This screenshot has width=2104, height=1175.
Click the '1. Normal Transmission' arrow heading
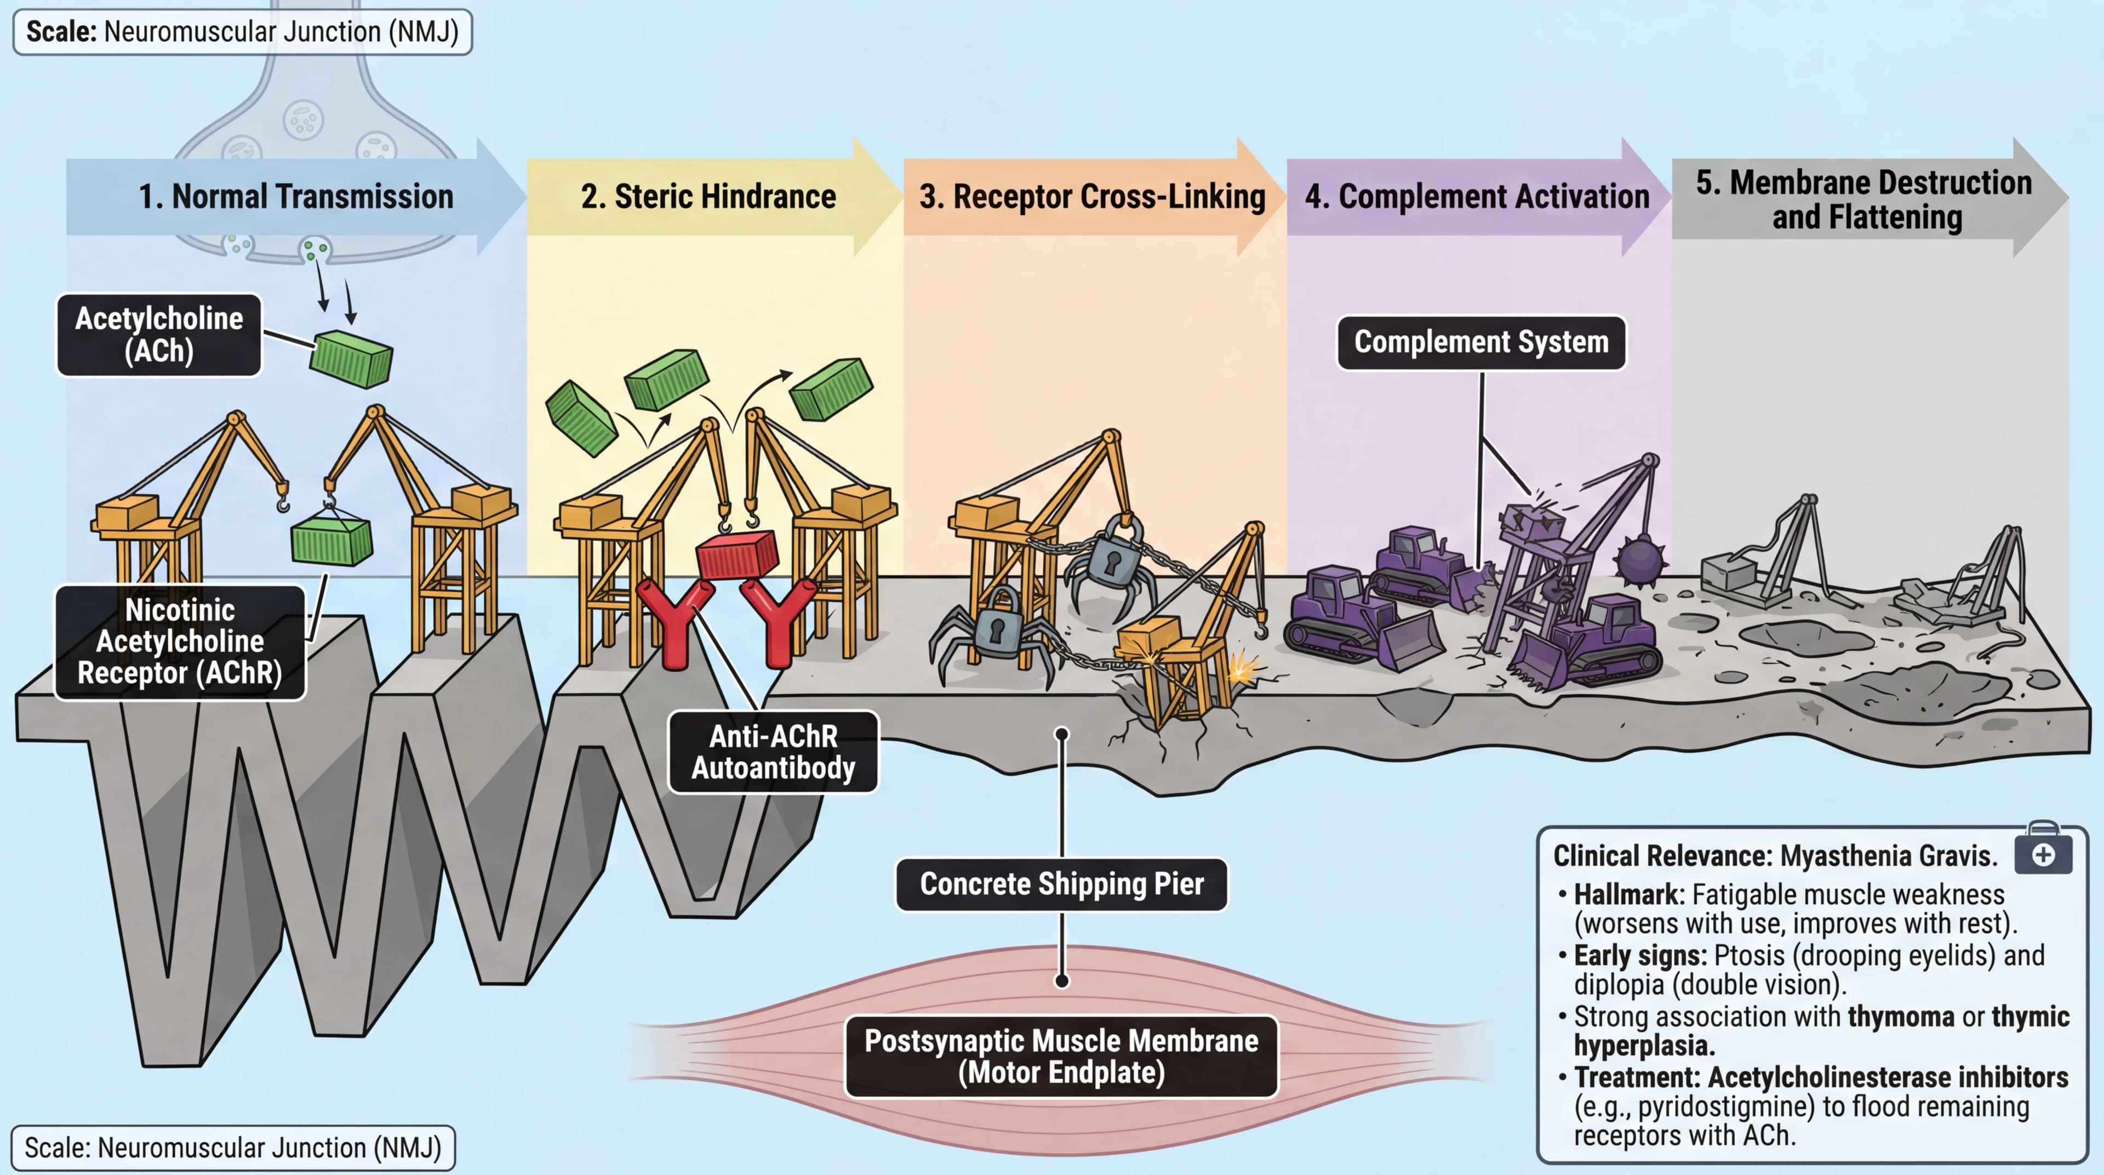pyautogui.click(x=296, y=197)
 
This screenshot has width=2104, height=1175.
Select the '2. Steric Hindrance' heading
pyautogui.click(x=708, y=197)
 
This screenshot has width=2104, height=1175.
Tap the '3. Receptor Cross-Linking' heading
pyautogui.click(x=1092, y=197)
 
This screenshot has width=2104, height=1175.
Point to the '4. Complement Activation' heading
pyautogui.click(x=1477, y=197)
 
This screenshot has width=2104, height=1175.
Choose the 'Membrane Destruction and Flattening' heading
pyautogui.click(x=1864, y=200)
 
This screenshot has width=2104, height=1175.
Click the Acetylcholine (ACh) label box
pyautogui.click(x=159, y=335)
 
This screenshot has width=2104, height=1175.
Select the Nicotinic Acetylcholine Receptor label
pyautogui.click(x=180, y=642)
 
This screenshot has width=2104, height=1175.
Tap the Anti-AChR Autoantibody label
pyautogui.click(x=773, y=752)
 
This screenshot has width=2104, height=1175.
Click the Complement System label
pyautogui.click(x=1481, y=342)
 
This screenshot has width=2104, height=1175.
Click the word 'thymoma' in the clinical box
pyautogui.click(x=1901, y=1017)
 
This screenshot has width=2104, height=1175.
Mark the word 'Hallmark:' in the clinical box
pyautogui.click(x=1628, y=895)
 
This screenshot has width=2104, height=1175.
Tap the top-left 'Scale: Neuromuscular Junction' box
pyautogui.click(x=243, y=32)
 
